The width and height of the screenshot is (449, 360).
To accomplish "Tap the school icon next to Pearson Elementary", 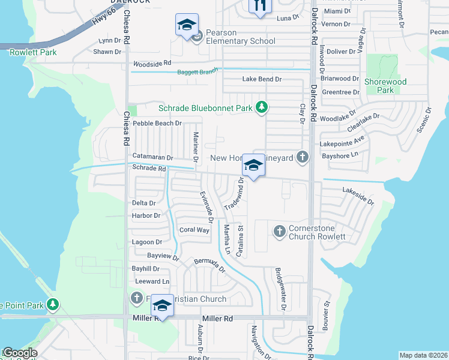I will click(x=187, y=25).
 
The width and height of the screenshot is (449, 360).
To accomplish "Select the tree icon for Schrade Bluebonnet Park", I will click(x=261, y=108).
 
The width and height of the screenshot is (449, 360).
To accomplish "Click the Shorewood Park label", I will click(x=385, y=86).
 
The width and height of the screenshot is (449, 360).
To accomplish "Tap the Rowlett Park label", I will click(x=33, y=52).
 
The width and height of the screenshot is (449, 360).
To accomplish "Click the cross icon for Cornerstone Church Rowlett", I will click(x=279, y=231).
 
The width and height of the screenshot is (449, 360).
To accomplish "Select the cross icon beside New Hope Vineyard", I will click(x=303, y=158).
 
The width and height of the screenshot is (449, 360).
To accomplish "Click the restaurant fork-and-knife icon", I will click(x=260, y=5).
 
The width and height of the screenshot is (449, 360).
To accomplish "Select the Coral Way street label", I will click(x=194, y=230).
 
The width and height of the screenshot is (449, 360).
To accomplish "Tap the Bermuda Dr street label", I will click(x=209, y=265).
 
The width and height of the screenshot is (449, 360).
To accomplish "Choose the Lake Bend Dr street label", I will click(x=262, y=79).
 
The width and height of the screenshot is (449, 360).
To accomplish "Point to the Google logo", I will click(x=19, y=353).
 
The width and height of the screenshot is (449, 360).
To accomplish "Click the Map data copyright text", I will click(x=423, y=355).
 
